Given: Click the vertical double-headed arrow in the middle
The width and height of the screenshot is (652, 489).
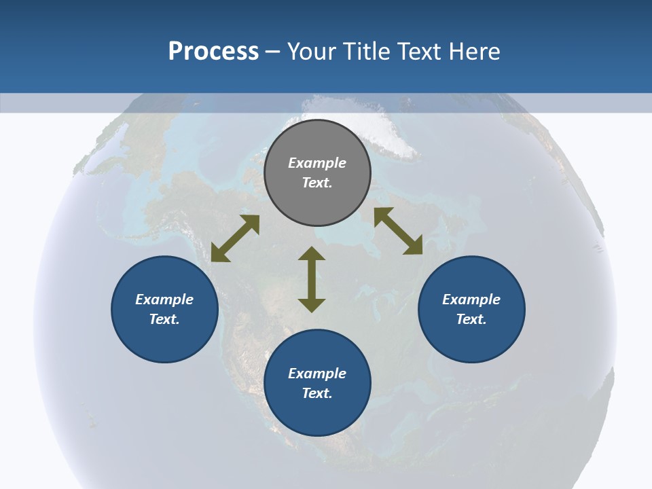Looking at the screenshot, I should (312, 280).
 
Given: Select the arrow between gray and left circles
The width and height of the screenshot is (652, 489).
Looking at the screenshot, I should (235, 238).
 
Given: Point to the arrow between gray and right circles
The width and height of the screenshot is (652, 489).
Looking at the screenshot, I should (399, 231).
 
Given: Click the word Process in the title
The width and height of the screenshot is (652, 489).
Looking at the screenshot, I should (213, 52).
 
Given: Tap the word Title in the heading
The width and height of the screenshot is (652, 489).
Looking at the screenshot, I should (369, 52).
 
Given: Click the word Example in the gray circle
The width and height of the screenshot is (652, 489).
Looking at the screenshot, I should (317, 163).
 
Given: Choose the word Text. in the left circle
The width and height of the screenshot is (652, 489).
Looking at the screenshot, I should (164, 319).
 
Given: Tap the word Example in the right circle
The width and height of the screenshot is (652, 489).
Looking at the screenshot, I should (471, 300).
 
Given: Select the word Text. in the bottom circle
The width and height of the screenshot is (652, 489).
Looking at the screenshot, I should (317, 393).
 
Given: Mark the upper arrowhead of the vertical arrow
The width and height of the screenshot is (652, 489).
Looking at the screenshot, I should (312, 254).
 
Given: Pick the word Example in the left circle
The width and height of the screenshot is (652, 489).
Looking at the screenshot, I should (164, 300).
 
